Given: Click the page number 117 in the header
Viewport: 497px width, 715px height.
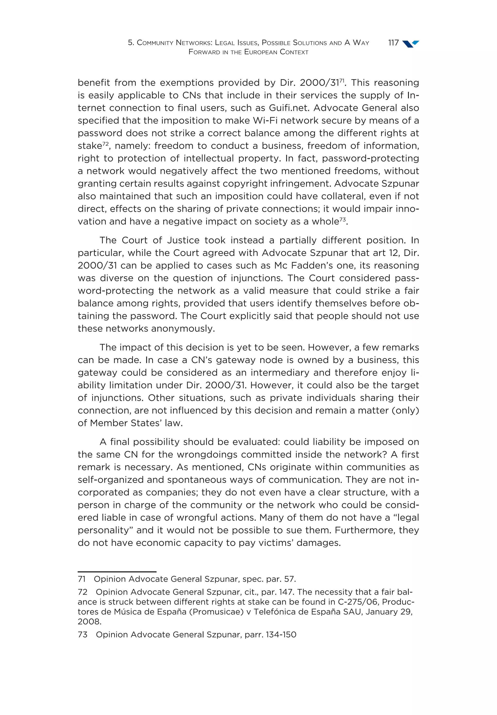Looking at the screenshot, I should coord(393,43).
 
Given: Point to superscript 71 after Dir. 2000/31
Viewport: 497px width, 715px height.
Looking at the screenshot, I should coord(341,80).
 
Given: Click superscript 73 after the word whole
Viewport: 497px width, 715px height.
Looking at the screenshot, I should coord(342,219).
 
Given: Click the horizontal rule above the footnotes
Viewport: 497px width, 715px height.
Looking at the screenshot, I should coord(117,572).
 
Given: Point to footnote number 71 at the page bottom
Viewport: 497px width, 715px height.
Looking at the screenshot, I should coord(82,579).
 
